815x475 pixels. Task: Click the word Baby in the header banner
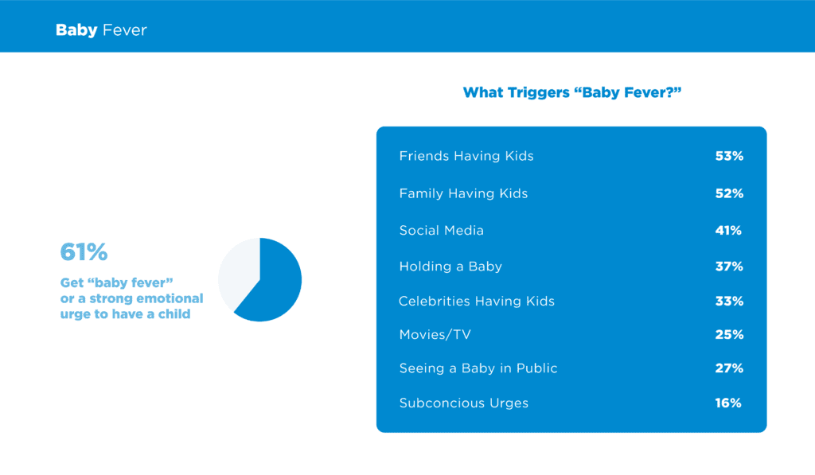tap(76, 30)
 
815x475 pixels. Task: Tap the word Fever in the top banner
tap(125, 30)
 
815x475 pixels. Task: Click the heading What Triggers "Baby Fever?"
tap(571, 92)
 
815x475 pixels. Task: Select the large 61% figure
tap(84, 252)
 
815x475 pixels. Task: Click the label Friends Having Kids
tap(466, 156)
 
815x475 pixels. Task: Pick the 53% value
tap(729, 156)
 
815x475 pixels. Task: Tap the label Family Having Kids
tap(463, 193)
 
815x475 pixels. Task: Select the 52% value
tap(729, 193)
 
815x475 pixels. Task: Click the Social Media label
tap(441, 230)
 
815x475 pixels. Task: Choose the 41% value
tap(728, 230)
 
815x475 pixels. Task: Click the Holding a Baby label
tap(450, 266)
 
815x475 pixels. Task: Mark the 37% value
tap(729, 266)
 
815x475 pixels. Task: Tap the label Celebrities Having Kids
tap(477, 301)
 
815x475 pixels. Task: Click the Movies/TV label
tap(435, 334)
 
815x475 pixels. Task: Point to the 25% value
tap(729, 334)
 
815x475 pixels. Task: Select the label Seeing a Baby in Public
tap(478, 368)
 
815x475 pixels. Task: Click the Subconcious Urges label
tap(464, 403)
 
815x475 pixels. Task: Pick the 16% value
tap(728, 403)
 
